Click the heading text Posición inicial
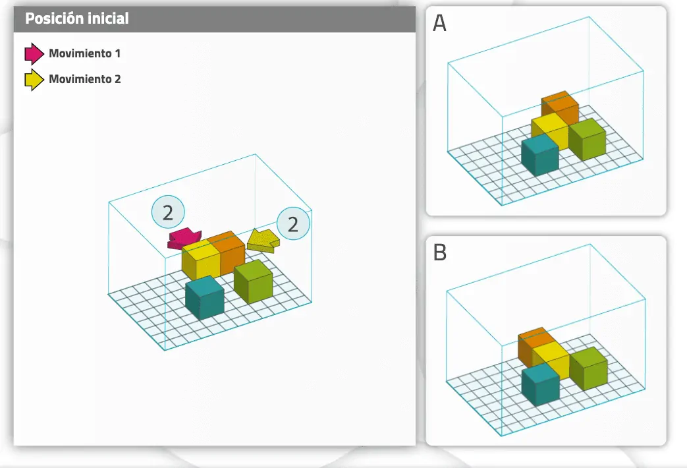pos(76,18)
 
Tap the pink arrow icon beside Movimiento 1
pos(34,53)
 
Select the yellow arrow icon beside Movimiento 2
pos(34,79)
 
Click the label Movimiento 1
pos(84,53)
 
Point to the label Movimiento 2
pos(84,79)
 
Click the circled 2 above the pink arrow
pos(168,212)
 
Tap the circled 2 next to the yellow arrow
pos(293,223)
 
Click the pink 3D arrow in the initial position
pos(184,239)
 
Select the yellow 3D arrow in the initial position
pos(263,241)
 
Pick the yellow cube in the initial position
pos(201,260)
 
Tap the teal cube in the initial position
pos(205,297)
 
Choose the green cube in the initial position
pos(253,281)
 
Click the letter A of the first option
pos(439,23)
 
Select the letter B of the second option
pos(440,252)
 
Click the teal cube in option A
pos(540,154)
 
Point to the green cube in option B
pos(588,368)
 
